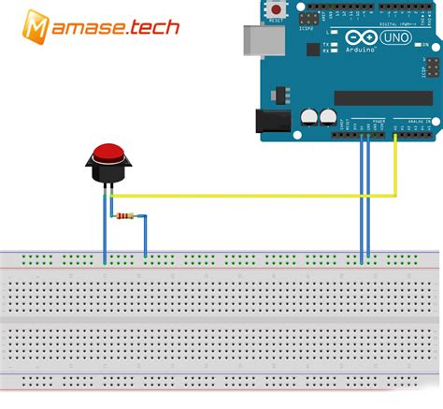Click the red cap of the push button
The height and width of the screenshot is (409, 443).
pos(109,154)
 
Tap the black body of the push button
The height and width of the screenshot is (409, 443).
pos(109,175)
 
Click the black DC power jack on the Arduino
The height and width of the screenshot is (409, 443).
pos(269,122)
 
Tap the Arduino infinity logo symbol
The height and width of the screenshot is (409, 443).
pos(356,39)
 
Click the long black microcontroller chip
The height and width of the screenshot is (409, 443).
pos(382,97)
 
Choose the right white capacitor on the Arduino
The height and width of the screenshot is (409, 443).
pos(327,116)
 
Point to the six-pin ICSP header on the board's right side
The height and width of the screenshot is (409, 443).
pos(432,68)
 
